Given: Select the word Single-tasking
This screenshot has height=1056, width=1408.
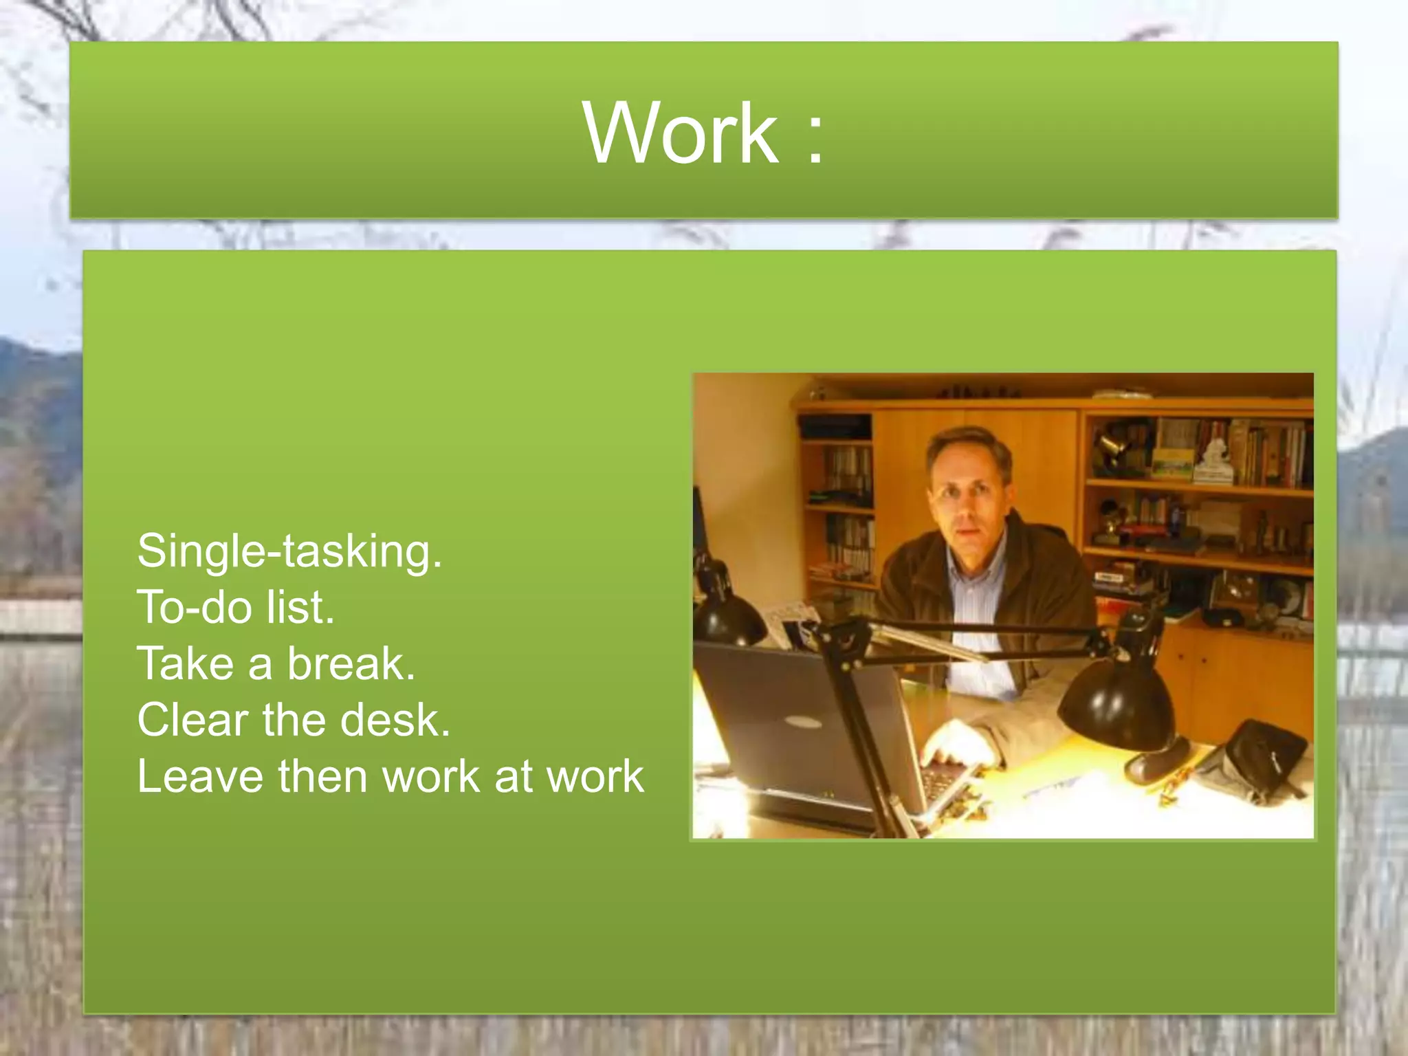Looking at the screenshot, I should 289,552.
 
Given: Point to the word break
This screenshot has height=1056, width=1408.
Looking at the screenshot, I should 351,664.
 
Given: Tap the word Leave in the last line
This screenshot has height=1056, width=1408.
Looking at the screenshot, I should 200,777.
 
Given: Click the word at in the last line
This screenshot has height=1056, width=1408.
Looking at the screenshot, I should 514,777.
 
